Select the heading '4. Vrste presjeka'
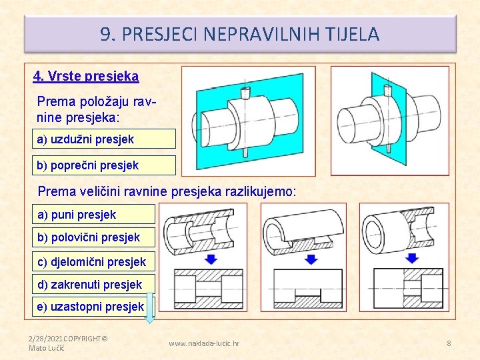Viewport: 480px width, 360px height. click(86, 76)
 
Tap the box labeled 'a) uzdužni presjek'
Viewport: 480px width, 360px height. click(104, 139)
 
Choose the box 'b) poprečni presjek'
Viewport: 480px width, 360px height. click(104, 165)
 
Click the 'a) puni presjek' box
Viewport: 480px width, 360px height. click(93, 214)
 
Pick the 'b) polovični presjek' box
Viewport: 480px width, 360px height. click(93, 237)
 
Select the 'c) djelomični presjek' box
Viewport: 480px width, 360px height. click(93, 261)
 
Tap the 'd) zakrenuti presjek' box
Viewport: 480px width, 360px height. click(93, 285)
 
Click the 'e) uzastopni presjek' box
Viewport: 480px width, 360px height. click(93, 307)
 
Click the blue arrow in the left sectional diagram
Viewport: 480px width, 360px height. click(210, 258)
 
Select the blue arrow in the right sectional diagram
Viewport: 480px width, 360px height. click(407, 258)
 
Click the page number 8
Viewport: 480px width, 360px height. click(449, 343)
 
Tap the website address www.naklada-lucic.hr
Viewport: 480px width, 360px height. click(204, 343)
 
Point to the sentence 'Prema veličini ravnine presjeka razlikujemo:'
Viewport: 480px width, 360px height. click(167, 191)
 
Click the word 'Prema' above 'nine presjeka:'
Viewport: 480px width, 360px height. click(57, 102)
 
